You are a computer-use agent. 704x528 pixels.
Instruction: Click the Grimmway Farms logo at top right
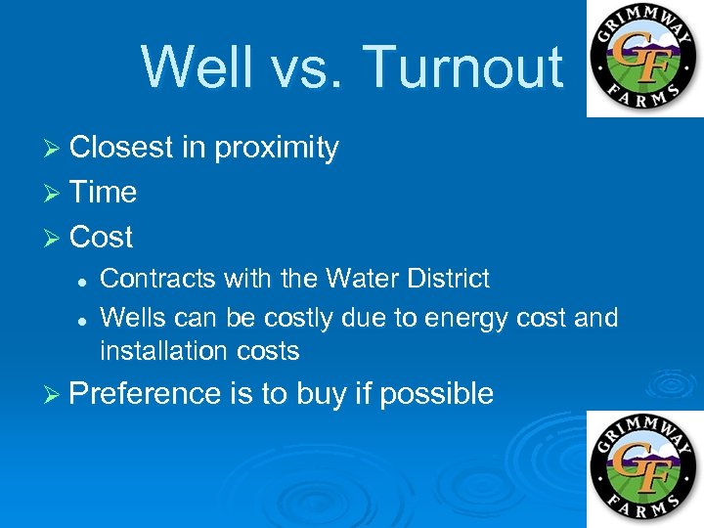pos(644,58)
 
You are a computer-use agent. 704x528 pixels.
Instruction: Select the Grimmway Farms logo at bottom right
pos(644,468)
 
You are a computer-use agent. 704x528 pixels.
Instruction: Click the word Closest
pos(122,149)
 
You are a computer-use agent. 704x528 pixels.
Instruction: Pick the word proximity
pos(276,149)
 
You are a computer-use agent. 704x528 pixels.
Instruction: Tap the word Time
pos(103,193)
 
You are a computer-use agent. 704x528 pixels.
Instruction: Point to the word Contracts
pos(157,279)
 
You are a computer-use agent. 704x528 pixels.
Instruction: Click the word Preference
pos(147,394)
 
